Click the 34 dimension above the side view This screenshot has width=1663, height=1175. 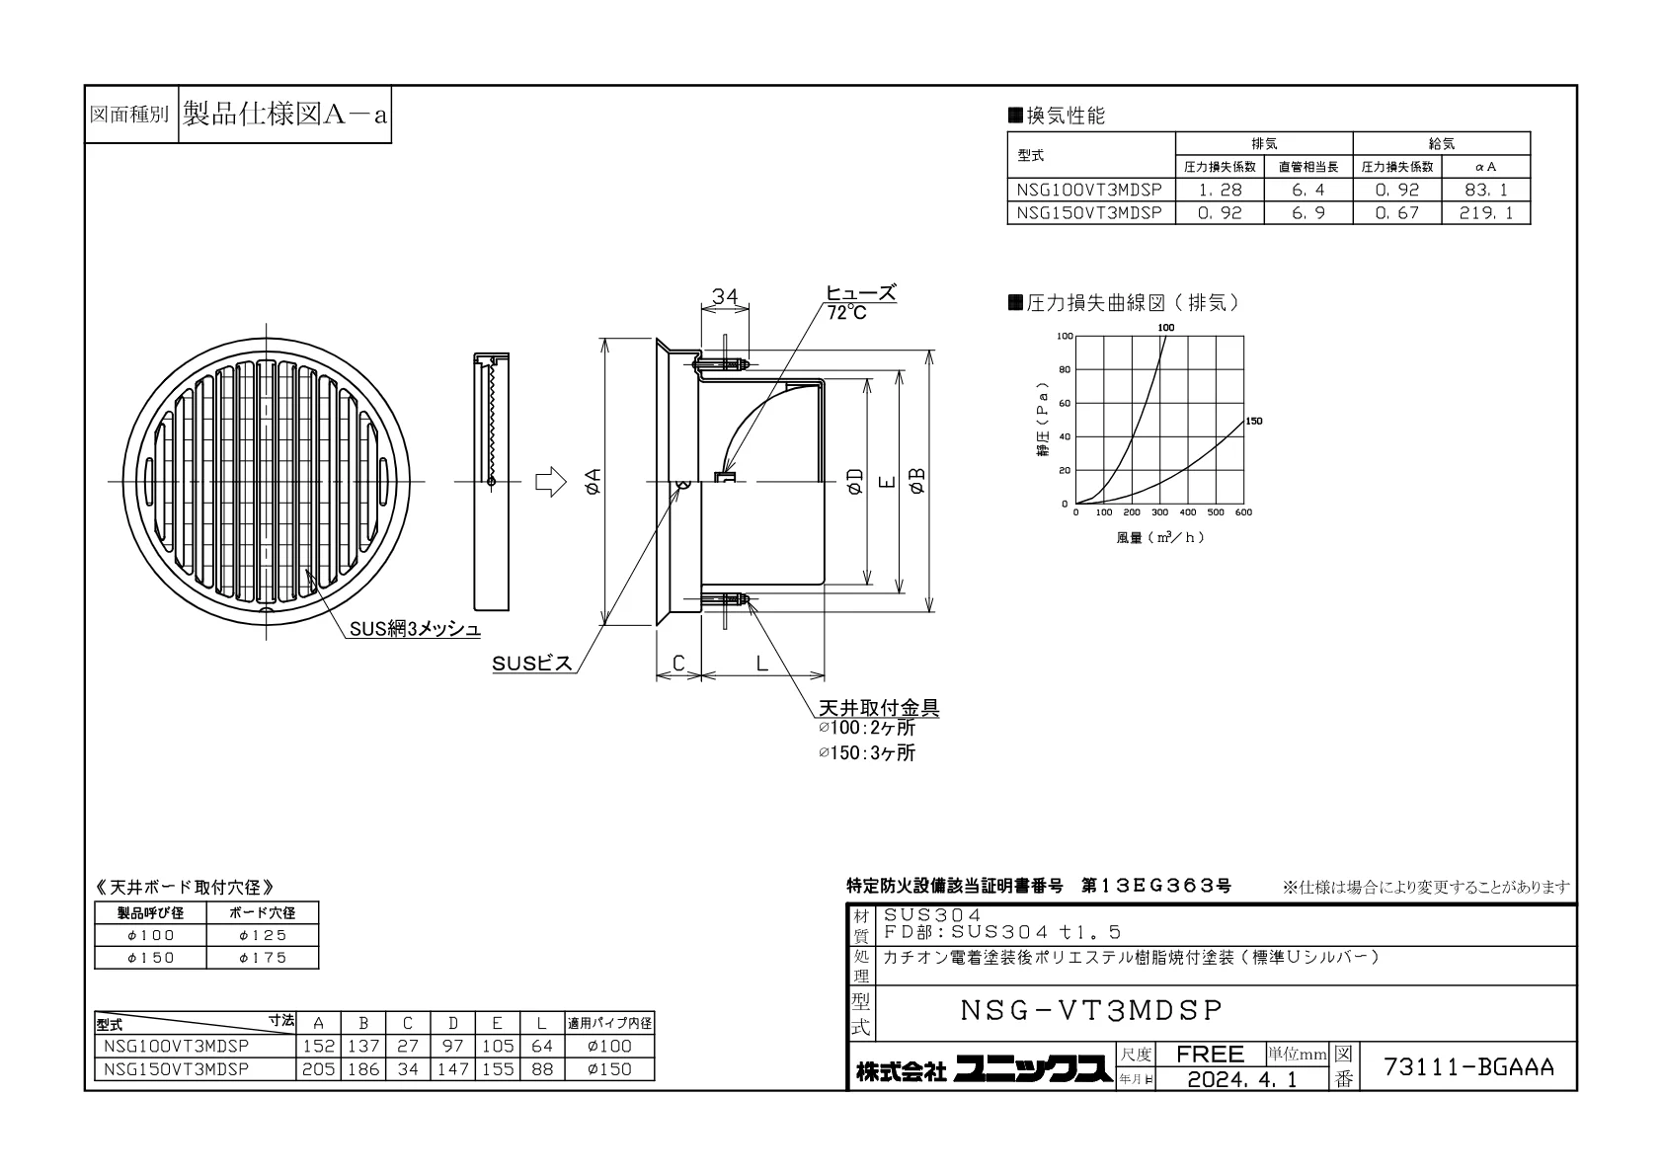point(725,296)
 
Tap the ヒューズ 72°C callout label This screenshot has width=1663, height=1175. point(861,302)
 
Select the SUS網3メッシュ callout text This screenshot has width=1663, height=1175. point(415,629)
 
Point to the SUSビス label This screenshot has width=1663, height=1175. point(532,664)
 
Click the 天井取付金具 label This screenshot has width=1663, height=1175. point(879,707)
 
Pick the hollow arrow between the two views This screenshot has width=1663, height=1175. point(551,482)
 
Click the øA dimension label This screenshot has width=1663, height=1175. point(593,481)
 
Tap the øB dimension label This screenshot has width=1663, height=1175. point(916,481)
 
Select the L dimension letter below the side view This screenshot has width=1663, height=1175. point(761,664)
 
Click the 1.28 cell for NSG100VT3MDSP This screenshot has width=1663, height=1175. point(1220,190)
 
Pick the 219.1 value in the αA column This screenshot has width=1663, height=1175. point(1485,213)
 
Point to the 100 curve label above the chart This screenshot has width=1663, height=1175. point(1166,328)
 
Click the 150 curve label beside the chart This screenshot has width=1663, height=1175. point(1254,421)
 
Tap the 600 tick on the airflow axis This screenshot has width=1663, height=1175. point(1243,512)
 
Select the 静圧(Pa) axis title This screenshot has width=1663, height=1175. point(1043,420)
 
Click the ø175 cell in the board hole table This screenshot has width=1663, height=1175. point(263,958)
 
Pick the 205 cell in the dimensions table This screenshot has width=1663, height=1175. point(318,1069)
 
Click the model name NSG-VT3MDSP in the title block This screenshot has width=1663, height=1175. point(1091,1010)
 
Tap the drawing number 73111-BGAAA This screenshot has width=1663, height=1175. point(1468,1066)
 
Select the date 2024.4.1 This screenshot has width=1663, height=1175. point(1242,1079)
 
